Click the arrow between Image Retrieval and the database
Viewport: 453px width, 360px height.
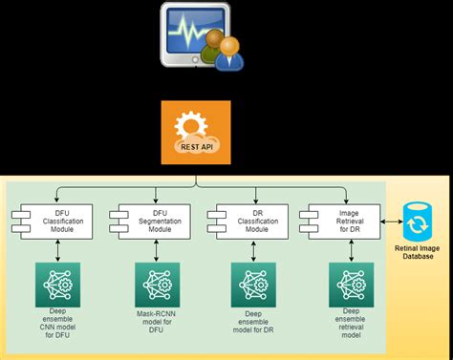coord(390,222)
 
